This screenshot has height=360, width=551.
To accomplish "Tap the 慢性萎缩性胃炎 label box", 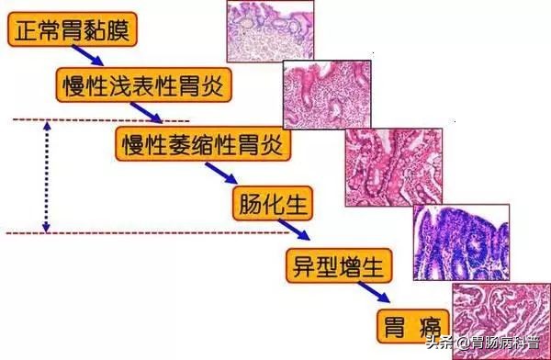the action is click(x=203, y=143).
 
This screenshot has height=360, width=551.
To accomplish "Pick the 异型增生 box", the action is click(x=339, y=264).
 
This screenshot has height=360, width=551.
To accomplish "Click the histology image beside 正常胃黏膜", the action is click(x=269, y=30).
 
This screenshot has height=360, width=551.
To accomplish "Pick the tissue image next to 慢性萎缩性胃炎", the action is click(x=393, y=165).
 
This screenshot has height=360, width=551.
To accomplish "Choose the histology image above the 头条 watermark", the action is click(x=501, y=304).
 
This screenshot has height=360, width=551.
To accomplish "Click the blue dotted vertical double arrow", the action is click(x=47, y=176).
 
